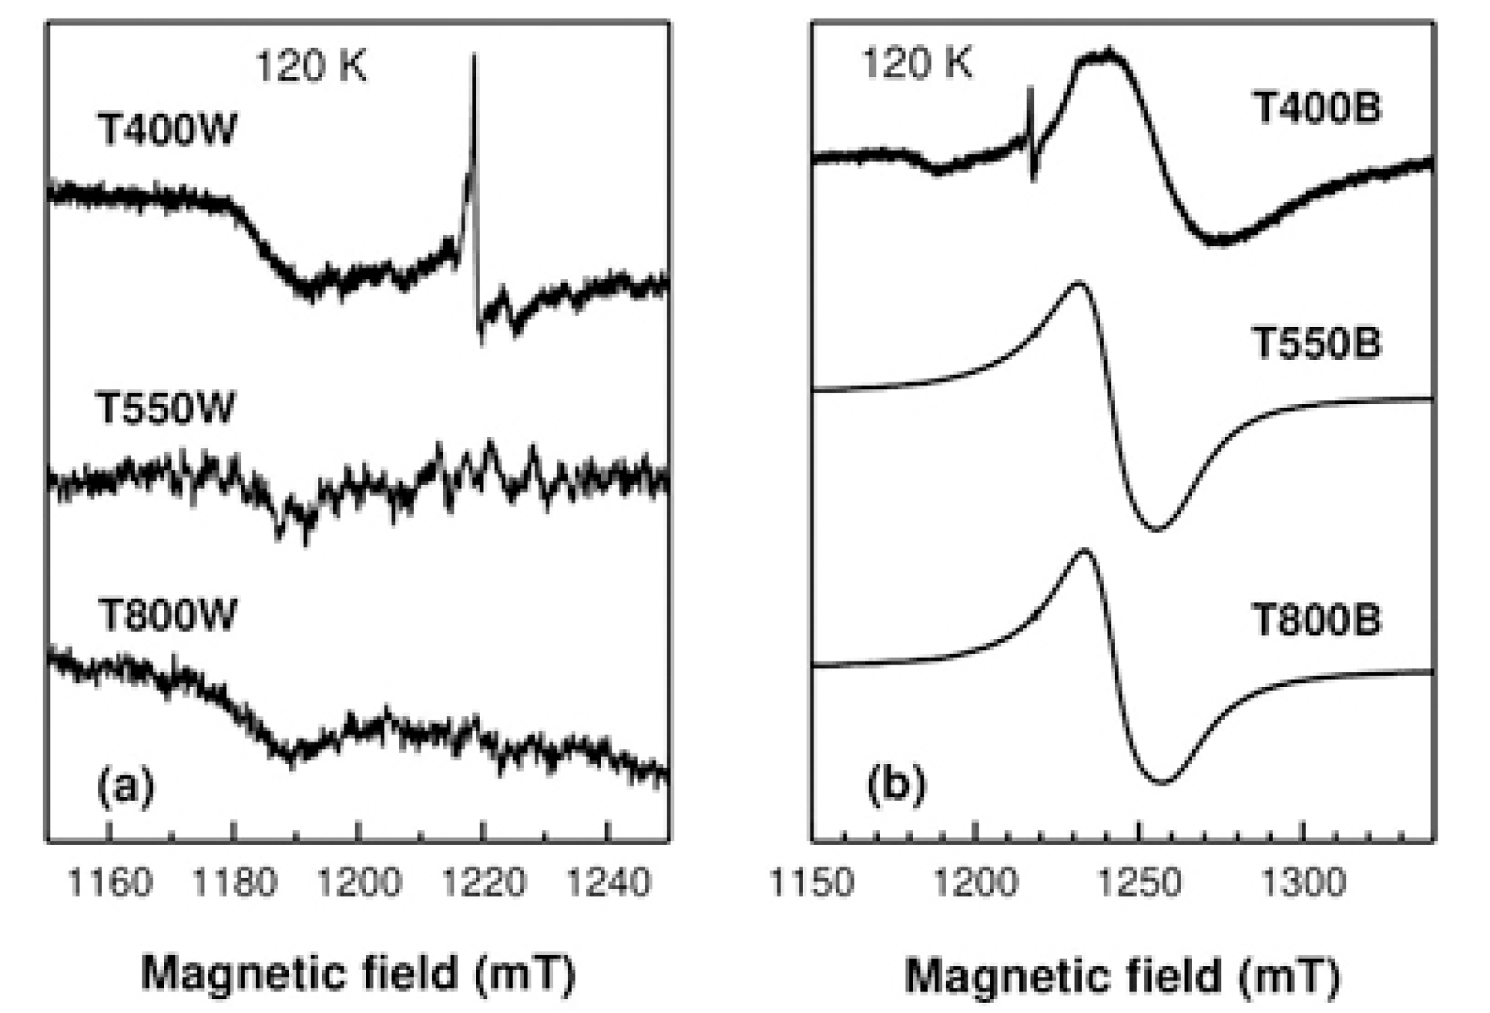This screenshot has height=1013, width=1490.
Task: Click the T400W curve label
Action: pyautogui.click(x=167, y=130)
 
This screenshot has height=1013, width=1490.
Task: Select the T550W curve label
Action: pyautogui.click(x=165, y=408)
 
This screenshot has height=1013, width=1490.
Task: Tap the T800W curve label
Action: pyautogui.click(x=167, y=615)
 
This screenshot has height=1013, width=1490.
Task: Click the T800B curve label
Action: pyautogui.click(x=1316, y=619)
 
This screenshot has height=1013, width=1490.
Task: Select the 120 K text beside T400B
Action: pyautogui.click(x=917, y=62)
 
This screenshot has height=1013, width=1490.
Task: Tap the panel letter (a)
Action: pyautogui.click(x=126, y=786)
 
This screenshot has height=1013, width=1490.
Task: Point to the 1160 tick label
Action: pyautogui.click(x=110, y=882)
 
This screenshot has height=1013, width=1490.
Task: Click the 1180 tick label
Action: pyautogui.click(x=234, y=882)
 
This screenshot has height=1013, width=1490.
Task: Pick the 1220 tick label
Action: pyautogui.click(x=483, y=882)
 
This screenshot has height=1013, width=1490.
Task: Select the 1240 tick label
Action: pyautogui.click(x=608, y=882)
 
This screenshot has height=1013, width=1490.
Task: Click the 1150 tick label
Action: pyautogui.click(x=812, y=882)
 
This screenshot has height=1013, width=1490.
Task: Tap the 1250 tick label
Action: pyautogui.click(x=1139, y=882)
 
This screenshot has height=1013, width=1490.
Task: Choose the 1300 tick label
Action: pyautogui.click(x=1303, y=882)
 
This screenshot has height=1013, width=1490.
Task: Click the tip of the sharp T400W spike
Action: pyautogui.click(x=474, y=55)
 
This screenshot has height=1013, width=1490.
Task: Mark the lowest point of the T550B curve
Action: pyautogui.click(x=1158, y=530)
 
